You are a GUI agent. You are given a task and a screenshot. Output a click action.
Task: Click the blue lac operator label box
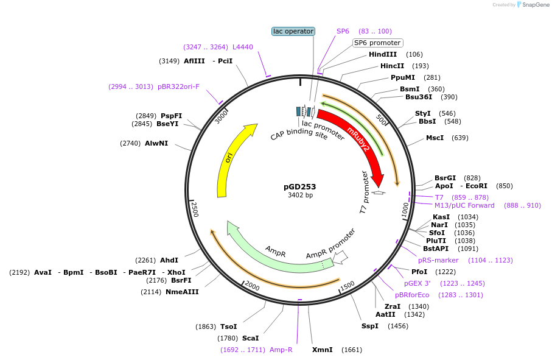click(x=293, y=31)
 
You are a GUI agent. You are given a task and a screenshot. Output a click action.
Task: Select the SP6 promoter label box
click(x=377, y=43)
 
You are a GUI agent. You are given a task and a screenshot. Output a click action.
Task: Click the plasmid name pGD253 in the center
click(x=300, y=187)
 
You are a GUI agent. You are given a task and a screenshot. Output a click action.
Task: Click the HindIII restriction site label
click(x=383, y=54)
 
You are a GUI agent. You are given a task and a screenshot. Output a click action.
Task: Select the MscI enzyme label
click(x=435, y=138)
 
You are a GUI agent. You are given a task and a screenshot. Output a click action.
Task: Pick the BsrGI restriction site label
click(x=445, y=177)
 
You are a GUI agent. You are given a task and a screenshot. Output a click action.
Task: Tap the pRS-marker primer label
click(x=438, y=260)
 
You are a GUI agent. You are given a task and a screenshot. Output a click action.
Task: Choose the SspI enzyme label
click(x=369, y=326)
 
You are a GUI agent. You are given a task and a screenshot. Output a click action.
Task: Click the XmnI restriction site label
click(x=323, y=350)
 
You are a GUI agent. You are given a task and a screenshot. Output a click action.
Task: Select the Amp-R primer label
click(x=281, y=350)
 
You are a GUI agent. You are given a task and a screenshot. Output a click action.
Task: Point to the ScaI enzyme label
click(x=250, y=338)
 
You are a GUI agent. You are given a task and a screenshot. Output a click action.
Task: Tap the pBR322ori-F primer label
click(x=178, y=86)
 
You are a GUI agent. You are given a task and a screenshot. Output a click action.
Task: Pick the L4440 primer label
click(x=243, y=47)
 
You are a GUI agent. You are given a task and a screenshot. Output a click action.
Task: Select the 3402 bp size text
click(x=300, y=196)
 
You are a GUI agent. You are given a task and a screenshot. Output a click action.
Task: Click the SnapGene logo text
click(x=533, y=5)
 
